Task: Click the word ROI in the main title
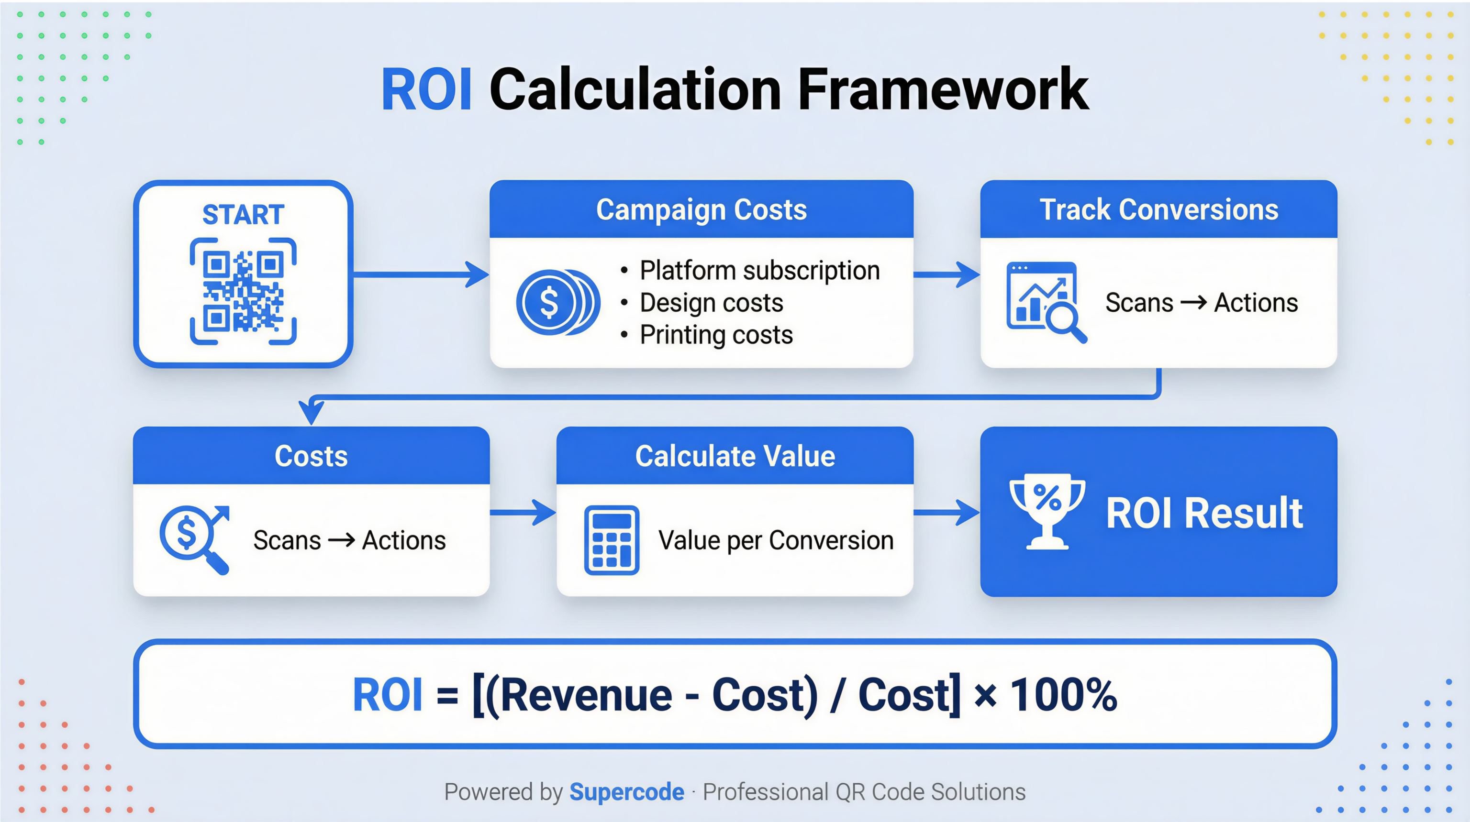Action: click(x=426, y=89)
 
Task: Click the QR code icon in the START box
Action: click(x=243, y=292)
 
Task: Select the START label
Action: click(x=243, y=215)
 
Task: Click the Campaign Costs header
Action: click(x=702, y=209)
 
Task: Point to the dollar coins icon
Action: click(x=557, y=302)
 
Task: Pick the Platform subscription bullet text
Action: click(x=759, y=270)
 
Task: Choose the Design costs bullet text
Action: click(x=711, y=302)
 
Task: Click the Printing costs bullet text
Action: click(x=716, y=335)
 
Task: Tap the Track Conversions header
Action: click(x=1158, y=209)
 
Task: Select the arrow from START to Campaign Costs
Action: click(x=421, y=274)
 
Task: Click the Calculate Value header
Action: click(x=735, y=456)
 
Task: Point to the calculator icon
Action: click(x=611, y=540)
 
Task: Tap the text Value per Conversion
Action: click(x=776, y=540)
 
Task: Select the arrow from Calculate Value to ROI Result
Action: click(x=946, y=512)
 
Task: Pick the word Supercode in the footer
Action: click(x=626, y=792)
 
